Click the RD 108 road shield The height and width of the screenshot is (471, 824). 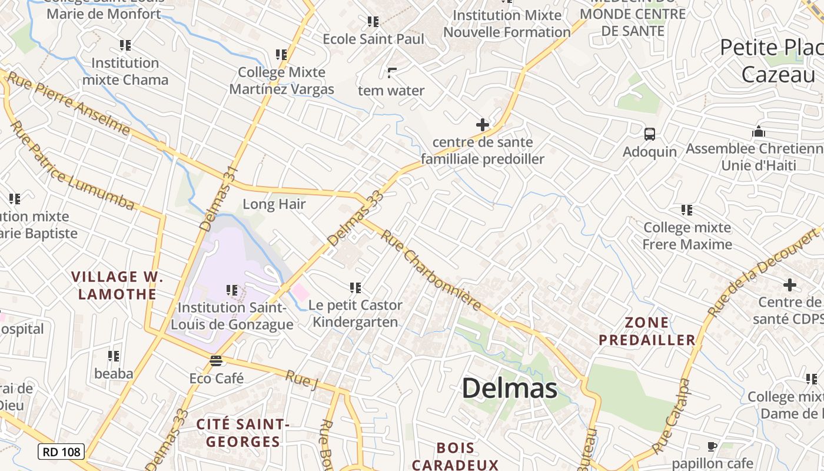[61, 452]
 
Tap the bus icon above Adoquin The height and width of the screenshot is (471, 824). [649, 134]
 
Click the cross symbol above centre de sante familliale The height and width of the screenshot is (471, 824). [483, 125]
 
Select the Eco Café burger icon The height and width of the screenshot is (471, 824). [216, 360]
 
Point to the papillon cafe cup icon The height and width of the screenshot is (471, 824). [712, 446]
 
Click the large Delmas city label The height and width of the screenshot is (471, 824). [509, 389]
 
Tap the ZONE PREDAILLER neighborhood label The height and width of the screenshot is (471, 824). [647, 331]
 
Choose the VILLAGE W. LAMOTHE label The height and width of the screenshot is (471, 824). [117, 285]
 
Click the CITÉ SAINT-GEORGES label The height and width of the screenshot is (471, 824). [238, 433]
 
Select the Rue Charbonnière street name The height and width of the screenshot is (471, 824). [431, 270]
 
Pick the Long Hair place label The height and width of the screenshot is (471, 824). [274, 204]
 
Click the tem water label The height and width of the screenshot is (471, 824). [391, 91]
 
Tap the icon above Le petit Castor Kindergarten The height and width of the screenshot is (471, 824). [355, 288]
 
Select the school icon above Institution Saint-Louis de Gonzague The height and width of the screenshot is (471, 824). [232, 290]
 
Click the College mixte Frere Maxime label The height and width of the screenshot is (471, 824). [687, 235]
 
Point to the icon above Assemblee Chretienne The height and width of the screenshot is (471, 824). [759, 131]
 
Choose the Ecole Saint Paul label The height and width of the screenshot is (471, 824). [373, 39]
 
